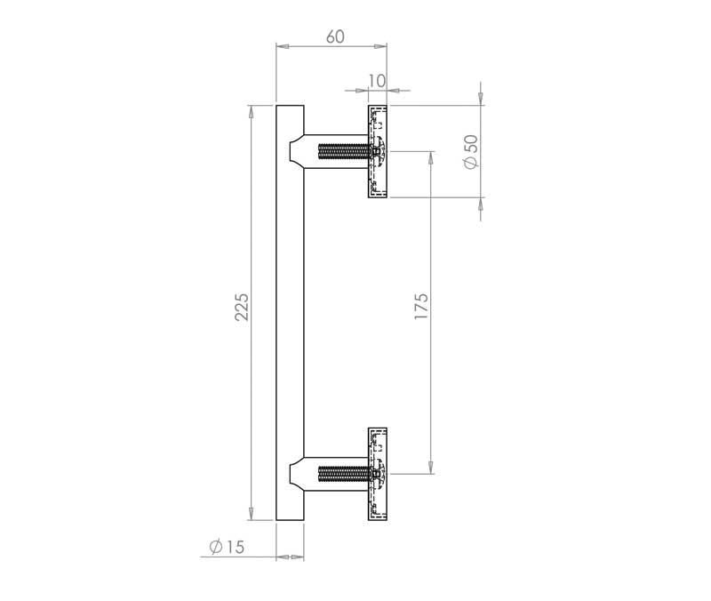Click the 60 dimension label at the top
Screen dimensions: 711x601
point(335,36)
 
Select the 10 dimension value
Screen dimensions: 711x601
point(376,81)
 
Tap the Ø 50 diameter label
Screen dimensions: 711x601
point(472,151)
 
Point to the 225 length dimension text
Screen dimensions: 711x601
point(242,307)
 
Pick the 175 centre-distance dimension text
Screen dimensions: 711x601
point(421,306)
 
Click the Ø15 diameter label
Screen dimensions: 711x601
point(227,547)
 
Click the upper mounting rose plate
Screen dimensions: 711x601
point(377,151)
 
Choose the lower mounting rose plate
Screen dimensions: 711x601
point(377,474)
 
